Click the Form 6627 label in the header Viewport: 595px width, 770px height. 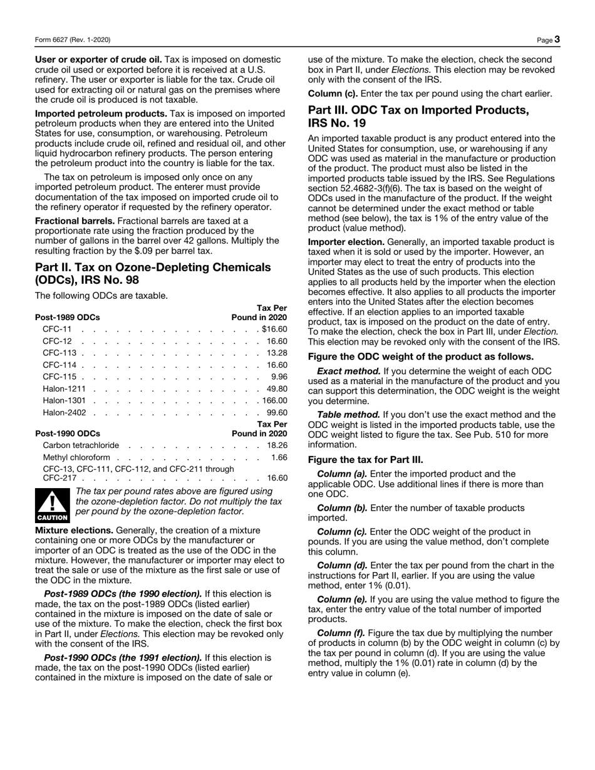click(x=73, y=40)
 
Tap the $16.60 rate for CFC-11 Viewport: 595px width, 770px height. click(x=274, y=329)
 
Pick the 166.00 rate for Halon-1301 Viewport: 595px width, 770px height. click(x=274, y=400)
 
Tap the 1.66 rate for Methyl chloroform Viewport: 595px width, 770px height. click(x=279, y=457)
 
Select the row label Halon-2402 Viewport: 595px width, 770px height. click(x=64, y=412)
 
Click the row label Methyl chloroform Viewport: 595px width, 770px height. click(x=76, y=457)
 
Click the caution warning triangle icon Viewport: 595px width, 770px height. click(x=53, y=504)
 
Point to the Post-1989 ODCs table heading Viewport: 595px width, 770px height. click(x=67, y=317)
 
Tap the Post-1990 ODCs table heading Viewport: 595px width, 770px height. click(x=67, y=433)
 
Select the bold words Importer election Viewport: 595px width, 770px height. click(x=346, y=241)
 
